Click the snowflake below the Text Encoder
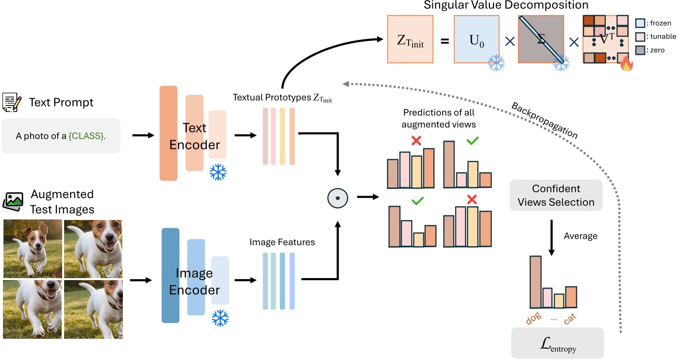tap(218, 172)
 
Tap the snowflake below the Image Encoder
tap(220, 318)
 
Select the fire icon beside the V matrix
tap(627, 64)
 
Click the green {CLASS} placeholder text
tap(87, 136)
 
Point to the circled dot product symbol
tap(338, 198)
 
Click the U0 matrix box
tap(477, 39)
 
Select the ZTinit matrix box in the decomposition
tap(410, 39)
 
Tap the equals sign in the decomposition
tap(445, 41)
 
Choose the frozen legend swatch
tap(640, 23)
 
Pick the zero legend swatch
tap(640, 50)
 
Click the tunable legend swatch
tap(640, 37)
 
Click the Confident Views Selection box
tap(556, 195)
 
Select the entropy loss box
tap(557, 343)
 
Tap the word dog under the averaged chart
tap(534, 318)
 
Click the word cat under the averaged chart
tap(570, 319)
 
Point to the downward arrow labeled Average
tap(551, 238)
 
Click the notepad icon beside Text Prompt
tap(12, 102)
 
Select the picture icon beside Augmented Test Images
tap(13, 202)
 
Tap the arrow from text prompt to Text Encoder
tap(143, 135)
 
